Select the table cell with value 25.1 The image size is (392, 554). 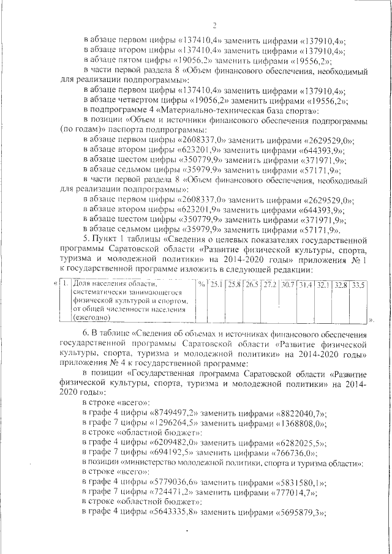coord(216,285)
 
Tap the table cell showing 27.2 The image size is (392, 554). coord(269,285)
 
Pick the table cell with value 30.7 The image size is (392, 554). coord(287,285)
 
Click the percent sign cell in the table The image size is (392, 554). coord(201,285)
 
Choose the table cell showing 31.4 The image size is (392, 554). coord(305,285)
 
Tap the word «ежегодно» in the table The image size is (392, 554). coord(91,318)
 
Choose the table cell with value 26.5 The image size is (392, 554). coord(252,285)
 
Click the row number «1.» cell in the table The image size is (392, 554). coord(63,285)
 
